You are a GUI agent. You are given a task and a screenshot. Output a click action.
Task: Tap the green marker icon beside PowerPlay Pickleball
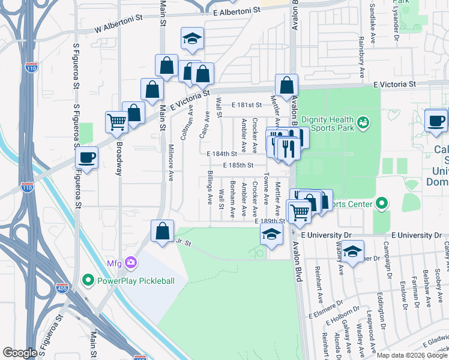[x=88, y=280]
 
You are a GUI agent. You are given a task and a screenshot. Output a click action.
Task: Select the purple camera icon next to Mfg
[x=131, y=263]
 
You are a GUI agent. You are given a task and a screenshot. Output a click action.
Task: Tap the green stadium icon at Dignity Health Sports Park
[x=362, y=124]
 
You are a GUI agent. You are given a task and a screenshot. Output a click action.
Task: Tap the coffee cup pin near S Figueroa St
[x=88, y=158]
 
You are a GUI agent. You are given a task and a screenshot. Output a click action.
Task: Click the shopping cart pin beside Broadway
[x=117, y=122]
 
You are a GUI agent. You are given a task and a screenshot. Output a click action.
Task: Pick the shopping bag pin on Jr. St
[x=163, y=231]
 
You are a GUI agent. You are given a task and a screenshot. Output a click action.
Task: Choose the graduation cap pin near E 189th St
[x=271, y=235]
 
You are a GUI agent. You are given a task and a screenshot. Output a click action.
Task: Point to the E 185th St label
[x=238, y=165]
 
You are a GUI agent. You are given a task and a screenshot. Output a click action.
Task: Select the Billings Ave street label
[x=210, y=187]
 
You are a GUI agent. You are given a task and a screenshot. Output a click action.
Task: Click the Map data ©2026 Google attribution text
[x=412, y=355]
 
